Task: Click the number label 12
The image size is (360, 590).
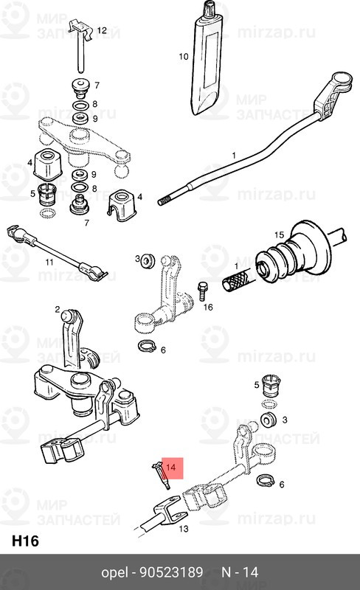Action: (102, 30)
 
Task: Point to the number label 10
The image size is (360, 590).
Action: (184, 56)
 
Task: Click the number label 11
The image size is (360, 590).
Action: (49, 262)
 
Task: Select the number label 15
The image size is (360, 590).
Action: (279, 235)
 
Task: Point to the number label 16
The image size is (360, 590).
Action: (208, 306)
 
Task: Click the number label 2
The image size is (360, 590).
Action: (57, 310)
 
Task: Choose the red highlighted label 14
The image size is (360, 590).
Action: (171, 468)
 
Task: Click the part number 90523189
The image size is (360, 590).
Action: (171, 572)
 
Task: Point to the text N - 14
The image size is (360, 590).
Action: (240, 572)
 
